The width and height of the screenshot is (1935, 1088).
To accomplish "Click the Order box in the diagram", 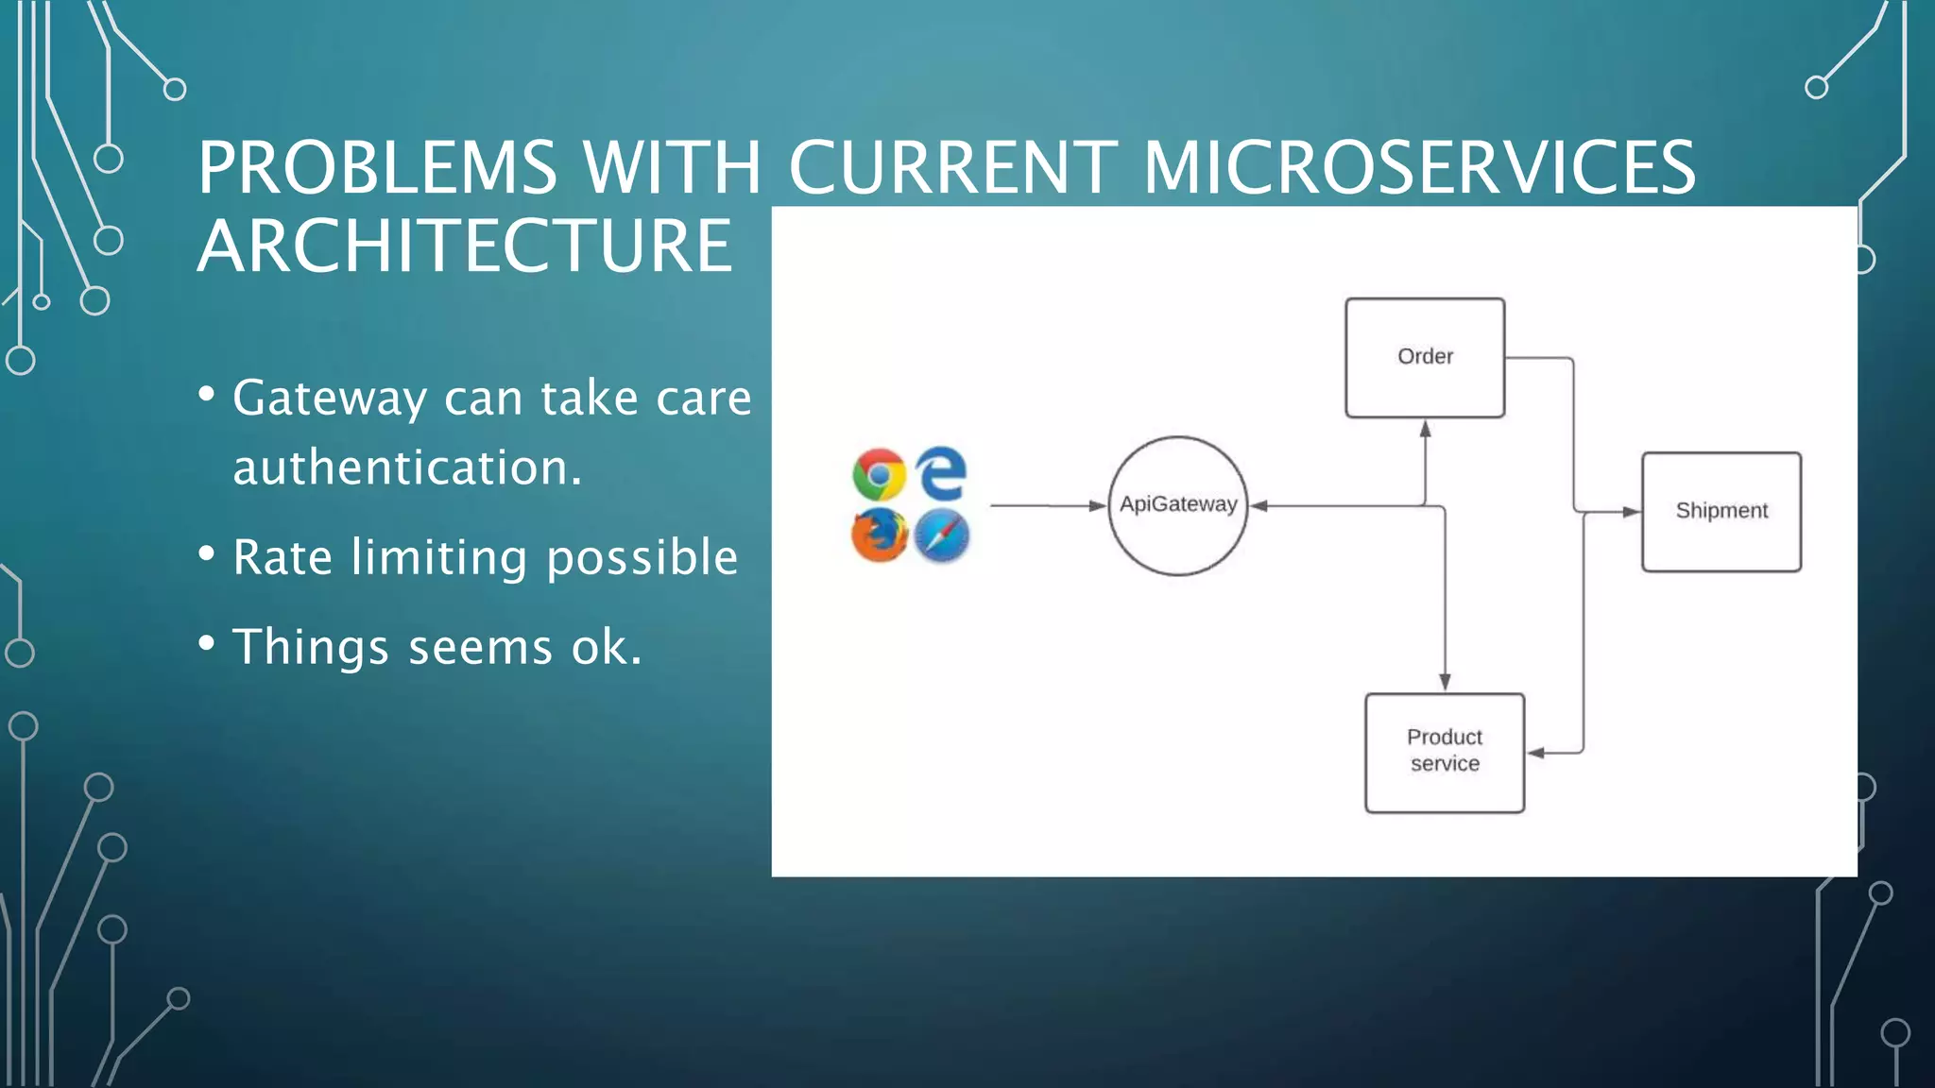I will click(1425, 357).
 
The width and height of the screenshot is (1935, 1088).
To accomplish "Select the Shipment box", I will click(1721, 511).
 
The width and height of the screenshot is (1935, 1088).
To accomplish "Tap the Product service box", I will click(1444, 752).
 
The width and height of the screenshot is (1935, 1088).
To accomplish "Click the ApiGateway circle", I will click(1177, 505).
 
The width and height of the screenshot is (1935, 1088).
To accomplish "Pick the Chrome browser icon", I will click(879, 474).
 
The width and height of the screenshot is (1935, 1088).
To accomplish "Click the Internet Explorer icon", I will click(942, 473).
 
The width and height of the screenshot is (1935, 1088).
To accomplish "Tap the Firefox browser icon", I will click(879, 535).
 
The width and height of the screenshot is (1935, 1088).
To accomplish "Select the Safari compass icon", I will click(942, 535).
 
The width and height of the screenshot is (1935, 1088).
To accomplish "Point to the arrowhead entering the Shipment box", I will click(1631, 512).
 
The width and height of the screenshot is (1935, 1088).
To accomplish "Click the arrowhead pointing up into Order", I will click(1425, 430).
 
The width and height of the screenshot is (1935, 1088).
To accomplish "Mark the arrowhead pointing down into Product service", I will click(1445, 682).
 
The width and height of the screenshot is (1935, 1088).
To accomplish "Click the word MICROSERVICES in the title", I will click(1419, 168).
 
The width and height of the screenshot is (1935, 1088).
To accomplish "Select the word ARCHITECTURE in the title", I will click(464, 246).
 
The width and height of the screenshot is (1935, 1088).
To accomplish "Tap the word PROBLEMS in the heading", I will click(377, 168).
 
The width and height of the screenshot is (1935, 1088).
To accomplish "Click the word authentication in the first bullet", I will click(406, 467).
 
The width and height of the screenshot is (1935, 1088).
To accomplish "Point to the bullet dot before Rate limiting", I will click(207, 553).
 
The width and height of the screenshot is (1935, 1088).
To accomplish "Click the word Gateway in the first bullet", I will click(329, 399).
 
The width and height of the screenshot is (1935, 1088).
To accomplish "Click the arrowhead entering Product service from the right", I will click(1536, 753).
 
